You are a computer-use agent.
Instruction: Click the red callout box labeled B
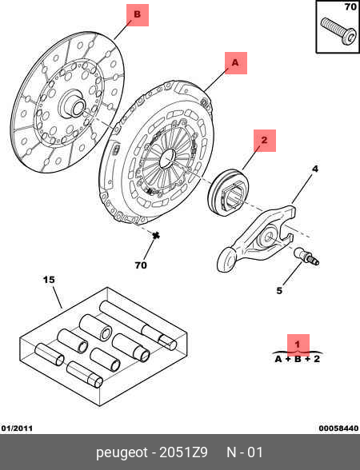tap(138, 15)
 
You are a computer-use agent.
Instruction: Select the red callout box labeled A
tap(236, 63)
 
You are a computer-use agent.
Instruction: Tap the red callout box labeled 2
tap(265, 141)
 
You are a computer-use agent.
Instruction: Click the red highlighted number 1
tap(298, 345)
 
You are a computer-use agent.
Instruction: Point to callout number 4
tap(314, 169)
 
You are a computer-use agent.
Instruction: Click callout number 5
tap(279, 290)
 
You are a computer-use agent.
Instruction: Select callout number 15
tap(50, 280)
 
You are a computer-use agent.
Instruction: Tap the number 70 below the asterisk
tap(141, 265)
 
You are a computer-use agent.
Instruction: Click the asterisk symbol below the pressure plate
tap(155, 236)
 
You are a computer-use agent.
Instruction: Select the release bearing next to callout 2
tap(228, 192)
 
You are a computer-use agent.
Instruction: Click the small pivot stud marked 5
tap(306, 257)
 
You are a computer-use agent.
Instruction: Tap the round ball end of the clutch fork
tap(227, 259)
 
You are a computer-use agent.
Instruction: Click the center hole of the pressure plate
tap(167, 158)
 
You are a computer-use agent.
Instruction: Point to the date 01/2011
tap(17, 428)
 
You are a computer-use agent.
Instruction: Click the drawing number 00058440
tap(338, 428)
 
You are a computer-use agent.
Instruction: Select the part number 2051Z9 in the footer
tap(183, 452)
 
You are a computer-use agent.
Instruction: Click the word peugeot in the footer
tap(122, 453)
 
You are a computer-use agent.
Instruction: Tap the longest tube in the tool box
tap(138, 325)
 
